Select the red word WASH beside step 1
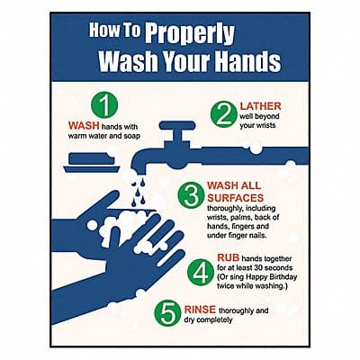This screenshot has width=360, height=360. coord(85,125)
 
